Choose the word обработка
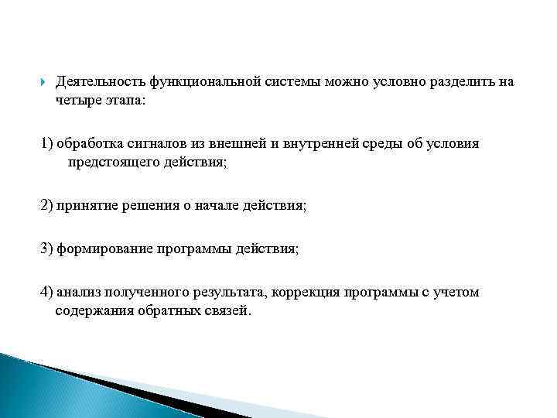[88, 145]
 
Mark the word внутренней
[320, 145]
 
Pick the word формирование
[107, 250]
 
